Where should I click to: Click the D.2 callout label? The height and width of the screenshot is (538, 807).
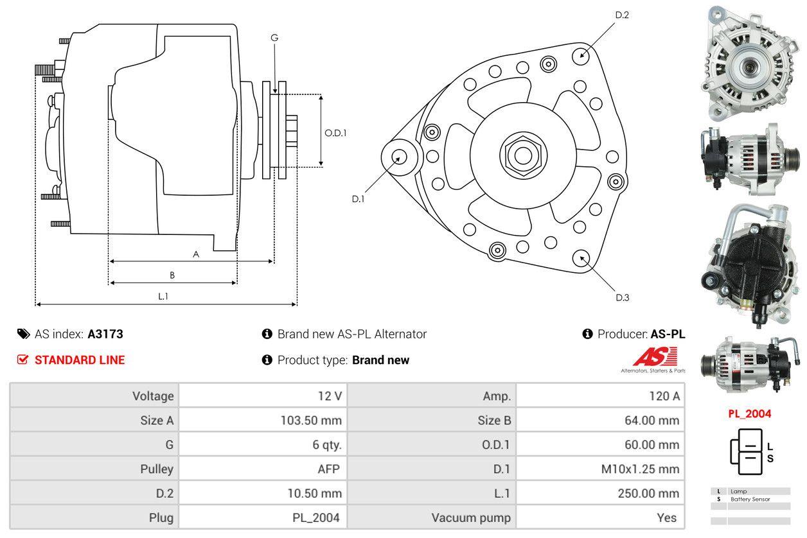pos(621,15)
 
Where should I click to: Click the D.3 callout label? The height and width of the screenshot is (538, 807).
pos(622,297)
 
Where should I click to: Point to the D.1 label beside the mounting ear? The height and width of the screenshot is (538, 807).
pos(358,199)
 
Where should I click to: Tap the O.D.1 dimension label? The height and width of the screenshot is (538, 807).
pos(335,134)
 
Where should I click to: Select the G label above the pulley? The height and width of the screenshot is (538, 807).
pos(274,38)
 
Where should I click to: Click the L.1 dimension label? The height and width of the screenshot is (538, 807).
pos(164,296)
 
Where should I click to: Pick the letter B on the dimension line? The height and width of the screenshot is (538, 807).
pos(172,275)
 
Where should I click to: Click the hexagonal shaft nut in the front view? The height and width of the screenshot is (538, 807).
pos(521,154)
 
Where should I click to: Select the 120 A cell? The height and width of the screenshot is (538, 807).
pos(664,396)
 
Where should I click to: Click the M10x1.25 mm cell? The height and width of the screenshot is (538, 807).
pos(639,469)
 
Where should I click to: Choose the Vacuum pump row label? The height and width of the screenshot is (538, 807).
pos(471,517)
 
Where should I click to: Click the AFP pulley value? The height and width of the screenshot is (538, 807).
pos(327,469)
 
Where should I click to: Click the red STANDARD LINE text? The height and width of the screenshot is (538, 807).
pos(80,360)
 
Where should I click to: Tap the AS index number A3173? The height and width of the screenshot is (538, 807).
pos(105,334)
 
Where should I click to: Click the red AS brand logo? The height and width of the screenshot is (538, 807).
pos(655,357)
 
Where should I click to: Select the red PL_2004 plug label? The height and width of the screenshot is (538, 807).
pos(749,414)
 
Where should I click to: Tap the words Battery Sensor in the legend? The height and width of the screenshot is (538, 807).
pos(750,499)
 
